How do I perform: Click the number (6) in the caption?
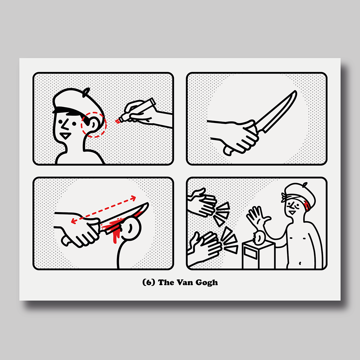pos(149,282)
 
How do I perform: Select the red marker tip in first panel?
pos(118,121)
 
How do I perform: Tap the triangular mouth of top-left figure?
pos(66,136)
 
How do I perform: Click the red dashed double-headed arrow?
pos(104,209)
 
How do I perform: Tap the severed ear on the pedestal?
pos(259,238)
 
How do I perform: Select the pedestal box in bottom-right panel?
pos(259,255)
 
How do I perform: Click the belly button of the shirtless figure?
pos(300,263)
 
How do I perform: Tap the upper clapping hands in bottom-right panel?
pos(202,202)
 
